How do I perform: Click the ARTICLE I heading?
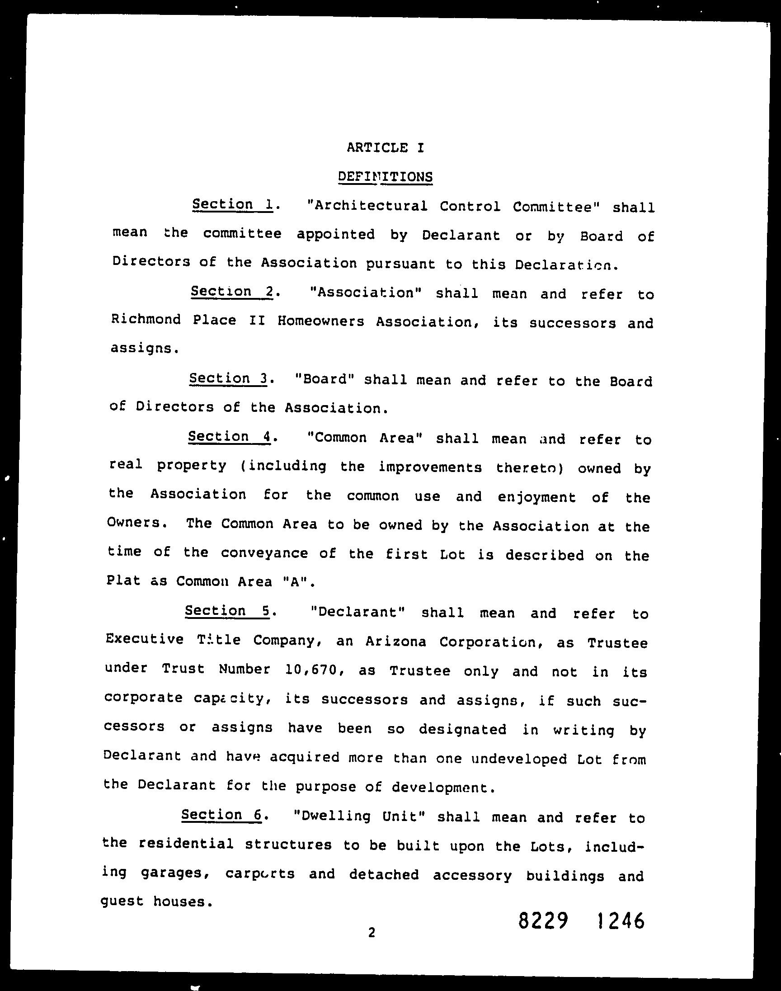click(386, 147)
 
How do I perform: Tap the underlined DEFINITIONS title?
click(385, 176)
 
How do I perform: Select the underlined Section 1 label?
click(232, 204)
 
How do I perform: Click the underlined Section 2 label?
click(231, 291)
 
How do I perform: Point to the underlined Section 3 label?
click(228, 379)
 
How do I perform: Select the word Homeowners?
click(320, 321)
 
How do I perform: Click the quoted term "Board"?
click(325, 380)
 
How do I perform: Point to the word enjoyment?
click(536, 497)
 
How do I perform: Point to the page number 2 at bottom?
click(372, 932)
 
